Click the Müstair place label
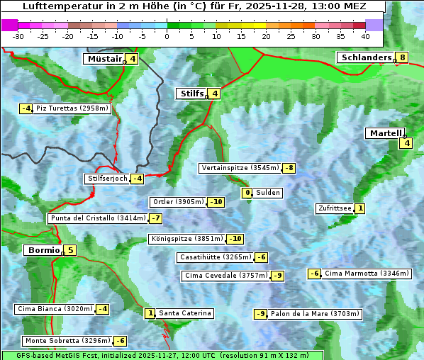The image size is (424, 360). click(x=104, y=59)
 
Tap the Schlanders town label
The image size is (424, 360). click(x=365, y=57)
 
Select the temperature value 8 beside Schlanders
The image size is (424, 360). click(x=403, y=57)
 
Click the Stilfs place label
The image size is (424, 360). click(x=191, y=94)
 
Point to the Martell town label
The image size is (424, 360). click(x=385, y=133)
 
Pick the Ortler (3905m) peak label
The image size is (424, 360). click(x=179, y=202)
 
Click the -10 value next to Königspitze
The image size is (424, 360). click(x=235, y=239)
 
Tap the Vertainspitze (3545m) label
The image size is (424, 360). click(x=240, y=168)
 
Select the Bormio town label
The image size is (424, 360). click(x=43, y=250)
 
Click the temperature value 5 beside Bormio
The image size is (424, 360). click(x=70, y=250)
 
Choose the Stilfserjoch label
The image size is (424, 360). click(x=108, y=179)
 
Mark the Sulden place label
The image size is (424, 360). click(x=268, y=193)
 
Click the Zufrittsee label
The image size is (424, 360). click(x=335, y=208)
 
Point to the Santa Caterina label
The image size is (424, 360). click(x=184, y=313)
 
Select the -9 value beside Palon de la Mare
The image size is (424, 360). click(x=261, y=314)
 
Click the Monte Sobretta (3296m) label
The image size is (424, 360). click(x=67, y=341)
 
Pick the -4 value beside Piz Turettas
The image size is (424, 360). click(x=26, y=108)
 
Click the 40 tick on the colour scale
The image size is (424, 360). click(x=365, y=35)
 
